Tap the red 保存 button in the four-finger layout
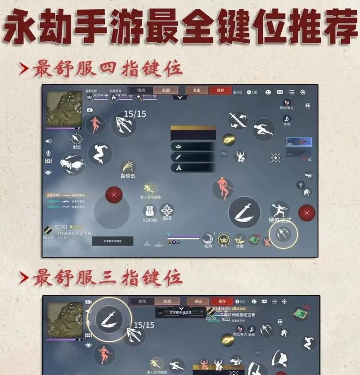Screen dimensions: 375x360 (220, 90)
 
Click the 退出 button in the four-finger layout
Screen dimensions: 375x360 (197, 90)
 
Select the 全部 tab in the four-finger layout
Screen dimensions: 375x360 (166, 90)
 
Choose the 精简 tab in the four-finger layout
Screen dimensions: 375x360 (141, 90)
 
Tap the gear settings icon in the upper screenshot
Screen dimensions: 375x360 (303, 92)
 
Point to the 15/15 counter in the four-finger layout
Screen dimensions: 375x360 (135, 114)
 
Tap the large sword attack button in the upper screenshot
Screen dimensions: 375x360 (244, 212)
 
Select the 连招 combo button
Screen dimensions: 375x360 (167, 211)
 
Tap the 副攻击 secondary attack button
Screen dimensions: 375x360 (128, 168)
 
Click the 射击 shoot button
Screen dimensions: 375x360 (77, 140)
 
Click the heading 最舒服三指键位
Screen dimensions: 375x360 (108, 277)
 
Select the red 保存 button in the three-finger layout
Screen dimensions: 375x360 (222, 301)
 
